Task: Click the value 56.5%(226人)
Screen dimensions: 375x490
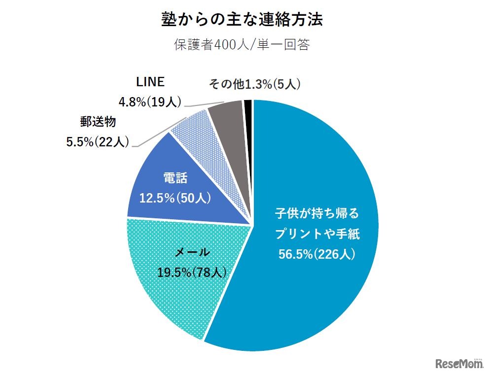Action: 317,254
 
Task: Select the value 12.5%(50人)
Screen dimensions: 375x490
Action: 176,199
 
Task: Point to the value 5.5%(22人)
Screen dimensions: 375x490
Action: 98,142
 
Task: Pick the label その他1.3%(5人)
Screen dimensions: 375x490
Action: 254,84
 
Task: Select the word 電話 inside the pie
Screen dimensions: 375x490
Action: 176,178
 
